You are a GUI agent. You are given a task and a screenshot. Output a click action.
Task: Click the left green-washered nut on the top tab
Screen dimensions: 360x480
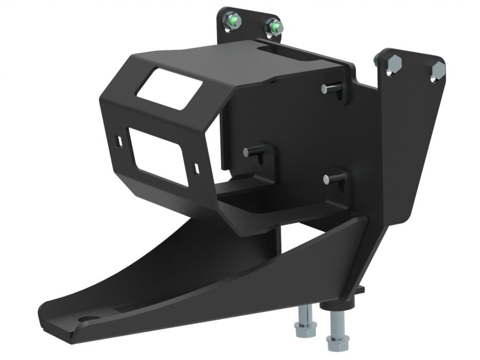(x=233, y=21)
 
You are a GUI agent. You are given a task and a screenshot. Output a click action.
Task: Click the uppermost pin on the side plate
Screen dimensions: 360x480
(x=328, y=89)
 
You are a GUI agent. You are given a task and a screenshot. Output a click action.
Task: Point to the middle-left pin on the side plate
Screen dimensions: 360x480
(x=250, y=152)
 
